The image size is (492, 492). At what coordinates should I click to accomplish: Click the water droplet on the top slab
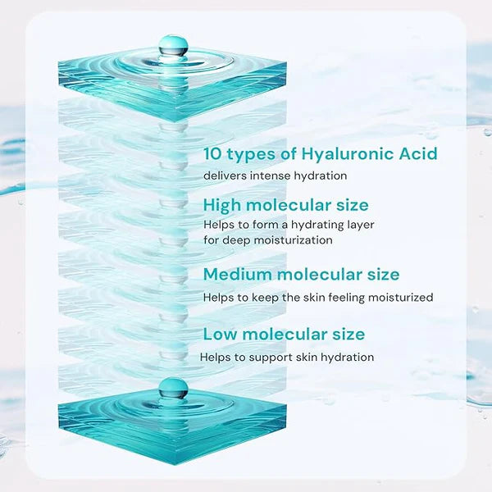173,46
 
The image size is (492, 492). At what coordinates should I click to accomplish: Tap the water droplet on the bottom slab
173,389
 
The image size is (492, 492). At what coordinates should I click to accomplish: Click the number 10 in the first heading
214,153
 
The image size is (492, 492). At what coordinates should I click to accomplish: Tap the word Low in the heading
220,334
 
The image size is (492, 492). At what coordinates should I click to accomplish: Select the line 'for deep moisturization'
267,240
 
